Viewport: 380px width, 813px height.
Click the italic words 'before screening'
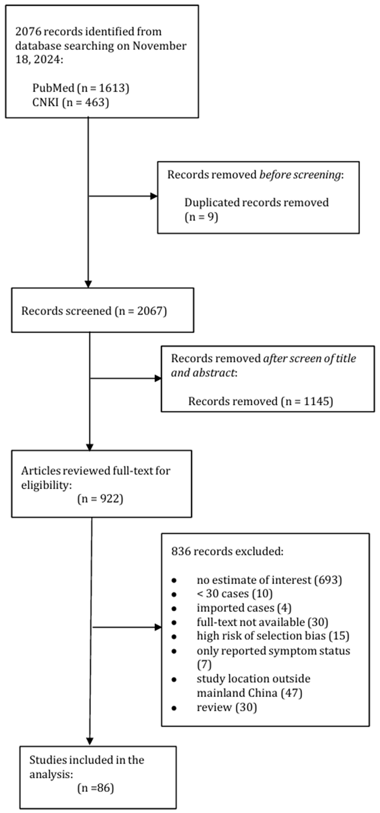click(300, 175)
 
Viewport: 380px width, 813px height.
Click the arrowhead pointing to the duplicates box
click(154, 196)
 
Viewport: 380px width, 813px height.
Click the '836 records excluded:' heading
click(227, 551)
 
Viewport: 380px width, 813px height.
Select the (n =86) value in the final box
click(95, 788)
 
